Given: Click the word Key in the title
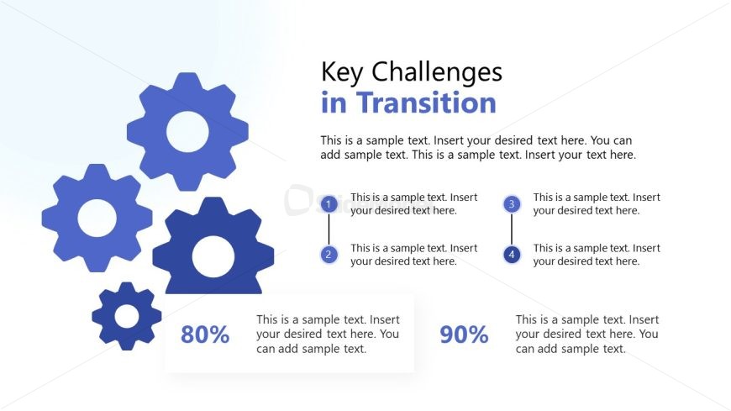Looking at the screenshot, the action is tap(342, 73).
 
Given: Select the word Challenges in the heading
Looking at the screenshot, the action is tap(437, 73).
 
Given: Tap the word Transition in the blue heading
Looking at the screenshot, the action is tap(426, 103).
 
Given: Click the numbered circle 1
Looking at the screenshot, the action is tap(329, 204).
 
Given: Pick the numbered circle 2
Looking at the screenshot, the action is tap(329, 255).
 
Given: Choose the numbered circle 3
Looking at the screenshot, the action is tap(512, 204).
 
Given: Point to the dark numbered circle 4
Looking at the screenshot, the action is tap(512, 255).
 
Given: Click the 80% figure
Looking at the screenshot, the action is tap(205, 335).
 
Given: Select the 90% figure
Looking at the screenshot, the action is tap(465, 335).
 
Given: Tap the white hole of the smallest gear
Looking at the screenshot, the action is tap(127, 317).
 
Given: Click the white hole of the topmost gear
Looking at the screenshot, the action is tap(187, 132).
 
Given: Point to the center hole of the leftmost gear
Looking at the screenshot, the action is tap(97, 218).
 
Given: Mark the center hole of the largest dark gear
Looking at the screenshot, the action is tap(213, 256).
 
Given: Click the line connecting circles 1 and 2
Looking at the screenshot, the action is tap(329, 229).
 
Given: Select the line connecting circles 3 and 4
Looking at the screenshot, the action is tap(512, 229).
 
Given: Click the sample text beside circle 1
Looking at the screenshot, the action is tap(414, 204).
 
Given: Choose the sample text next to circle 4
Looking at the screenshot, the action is tap(597, 255).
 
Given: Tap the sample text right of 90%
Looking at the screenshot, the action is tap(587, 334).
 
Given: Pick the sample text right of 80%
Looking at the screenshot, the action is tap(328, 334).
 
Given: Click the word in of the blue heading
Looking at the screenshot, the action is tap(334, 103).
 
